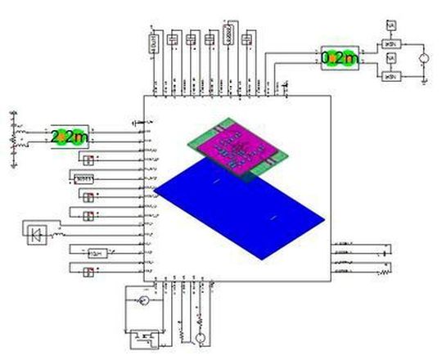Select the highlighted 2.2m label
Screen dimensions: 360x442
[x=70, y=137]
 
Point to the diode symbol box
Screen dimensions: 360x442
[x=37, y=234]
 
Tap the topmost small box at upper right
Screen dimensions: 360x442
[x=391, y=25]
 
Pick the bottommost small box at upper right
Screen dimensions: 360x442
[x=391, y=75]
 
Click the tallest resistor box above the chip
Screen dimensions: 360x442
[x=230, y=34]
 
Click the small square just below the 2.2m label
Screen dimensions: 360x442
[x=88, y=158]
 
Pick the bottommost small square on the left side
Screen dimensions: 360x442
[x=88, y=271]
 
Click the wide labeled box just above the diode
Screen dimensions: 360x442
[x=83, y=178]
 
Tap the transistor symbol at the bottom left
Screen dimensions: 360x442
[x=144, y=336]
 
